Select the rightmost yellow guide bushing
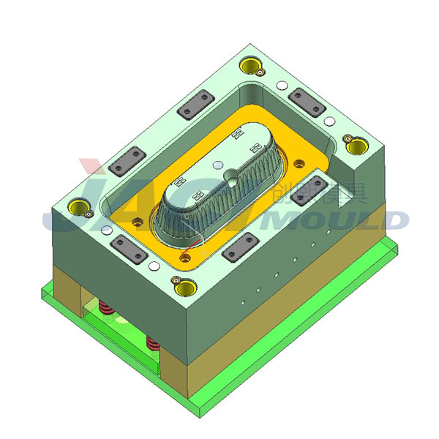click(x=356, y=146)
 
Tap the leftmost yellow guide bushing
click(x=78, y=209)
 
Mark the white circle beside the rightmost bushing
click(x=330, y=121)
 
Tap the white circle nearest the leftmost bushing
click(x=108, y=230)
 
